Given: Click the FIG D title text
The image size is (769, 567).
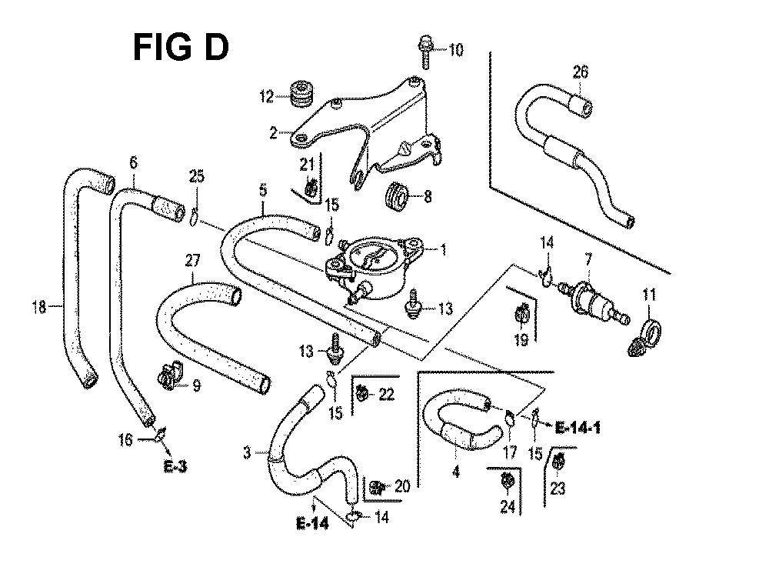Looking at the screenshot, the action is (x=181, y=47).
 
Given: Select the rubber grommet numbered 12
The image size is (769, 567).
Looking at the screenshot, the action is (x=300, y=92).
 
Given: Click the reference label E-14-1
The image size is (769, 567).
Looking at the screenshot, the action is (x=578, y=428).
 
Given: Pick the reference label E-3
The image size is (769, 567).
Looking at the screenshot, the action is (x=175, y=466).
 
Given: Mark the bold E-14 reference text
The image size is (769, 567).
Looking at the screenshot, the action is (x=312, y=524).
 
